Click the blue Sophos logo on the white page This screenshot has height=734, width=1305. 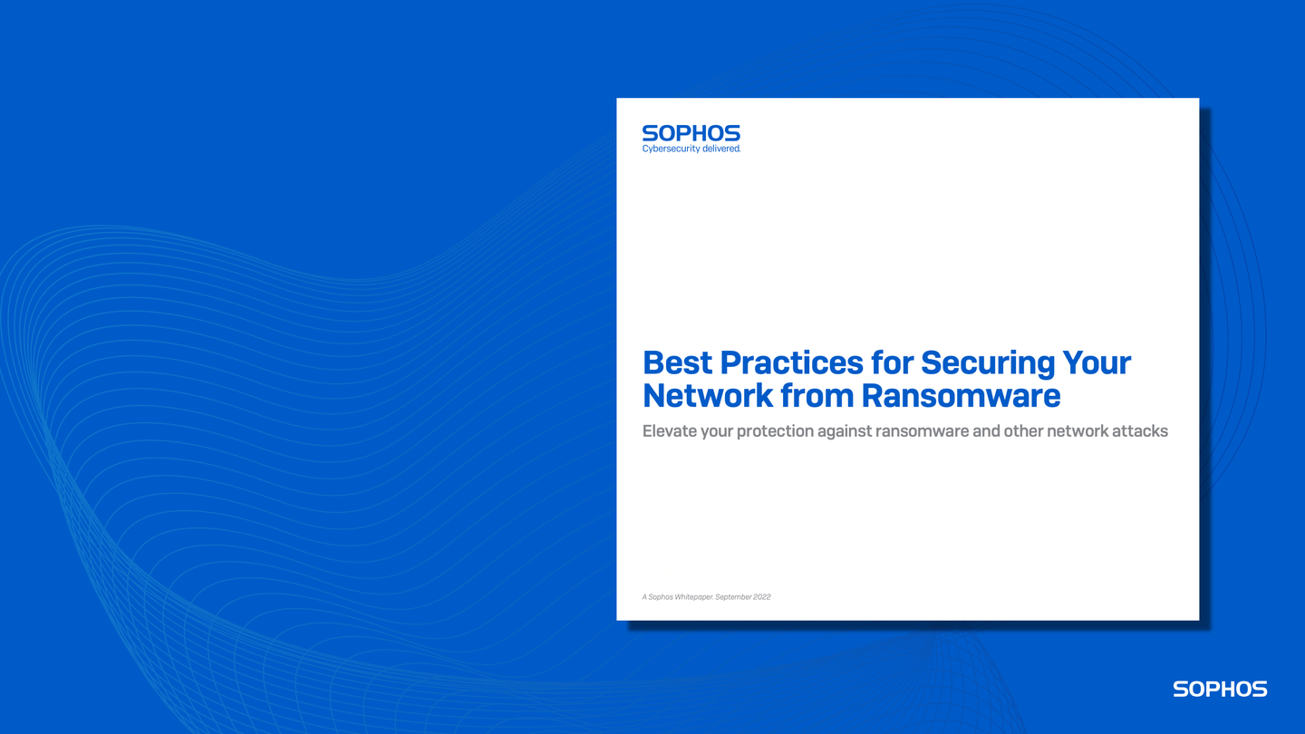(x=691, y=133)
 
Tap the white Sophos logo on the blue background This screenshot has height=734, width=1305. (x=1220, y=690)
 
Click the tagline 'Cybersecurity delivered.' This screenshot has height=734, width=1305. (x=691, y=149)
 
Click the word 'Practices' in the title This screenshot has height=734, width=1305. (x=791, y=363)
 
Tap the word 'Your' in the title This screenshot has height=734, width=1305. (x=1097, y=363)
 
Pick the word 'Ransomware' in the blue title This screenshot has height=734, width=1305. (x=961, y=396)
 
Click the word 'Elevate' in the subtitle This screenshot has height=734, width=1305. (x=670, y=431)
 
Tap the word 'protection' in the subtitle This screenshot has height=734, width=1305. (x=775, y=431)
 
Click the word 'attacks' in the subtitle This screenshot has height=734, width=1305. (x=1140, y=431)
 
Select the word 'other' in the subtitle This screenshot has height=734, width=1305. (x=1023, y=431)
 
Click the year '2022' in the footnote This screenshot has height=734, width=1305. (x=761, y=597)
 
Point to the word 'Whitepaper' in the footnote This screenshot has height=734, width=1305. (x=693, y=597)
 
